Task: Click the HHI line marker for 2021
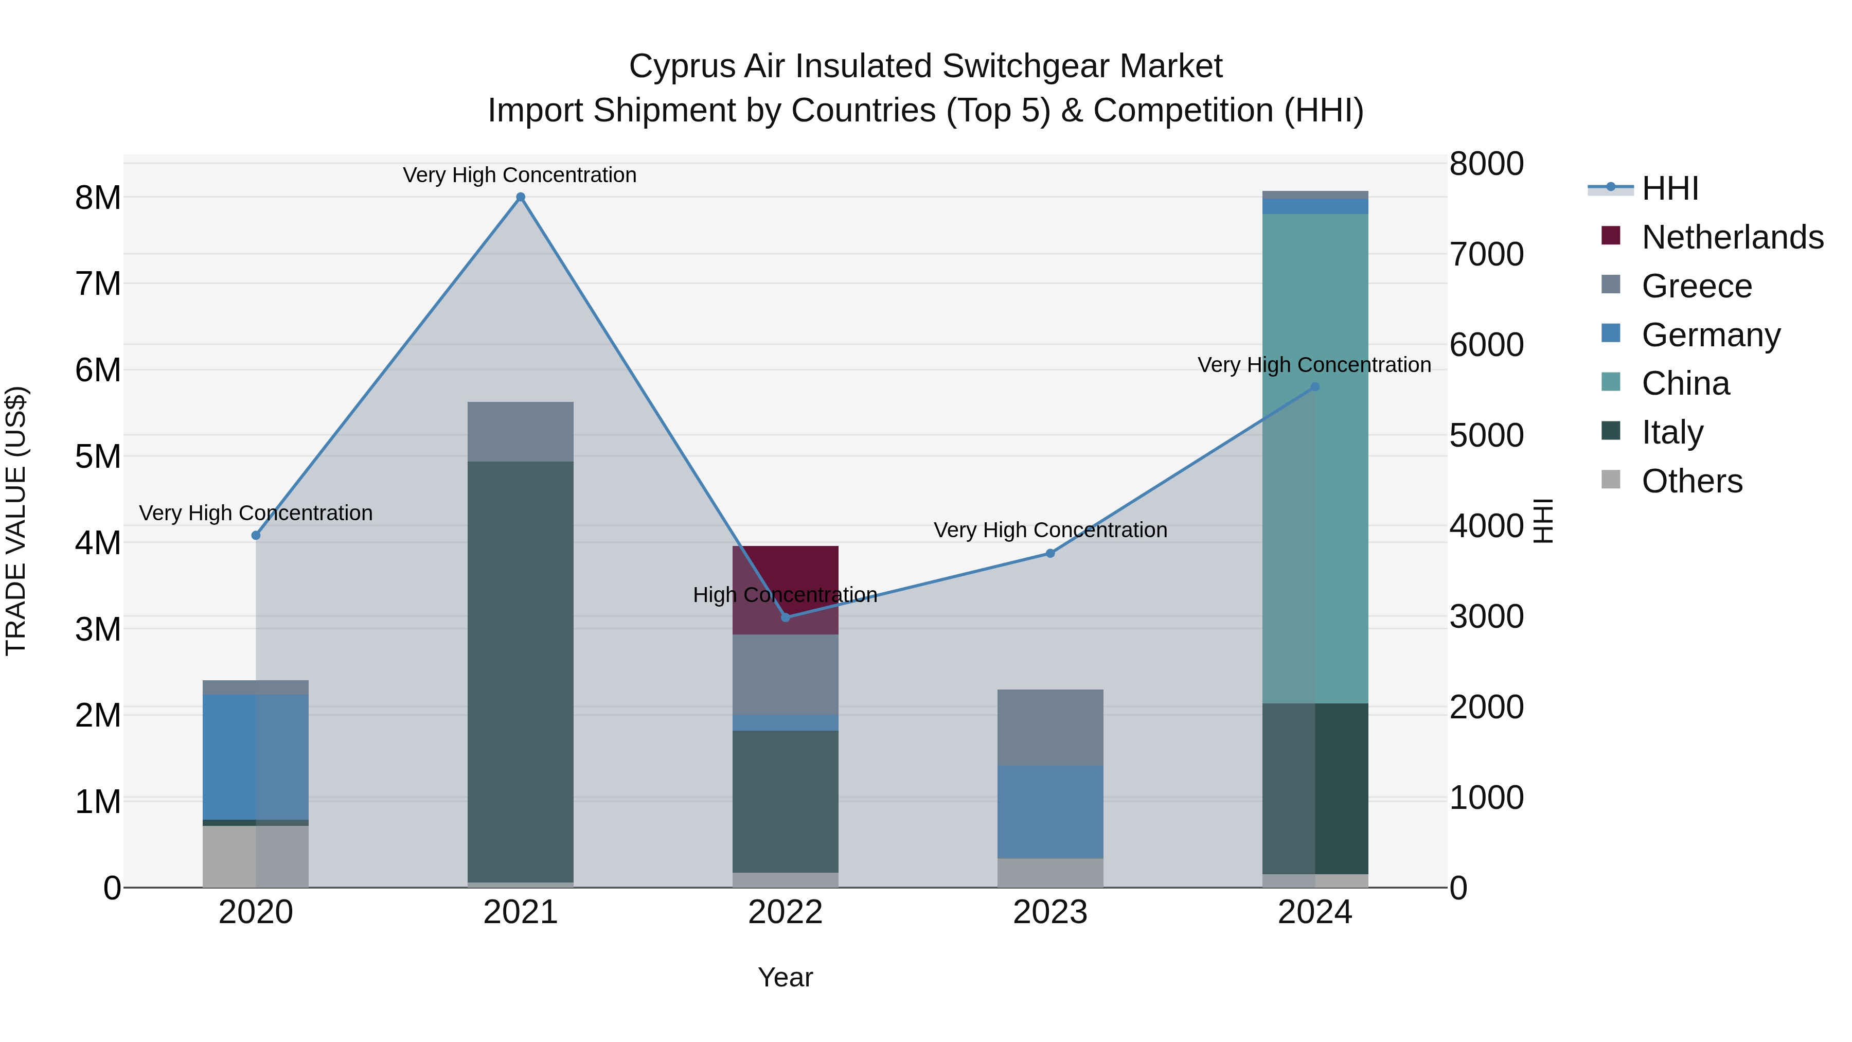pyautogui.click(x=521, y=197)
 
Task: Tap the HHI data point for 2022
pyautogui.click(x=785, y=617)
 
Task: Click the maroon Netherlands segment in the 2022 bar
pyautogui.click(x=785, y=575)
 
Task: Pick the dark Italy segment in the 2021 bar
pyautogui.click(x=521, y=669)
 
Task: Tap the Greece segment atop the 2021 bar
pyautogui.click(x=521, y=432)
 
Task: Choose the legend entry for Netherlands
pyautogui.click(x=1731, y=237)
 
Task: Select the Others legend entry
pyautogui.click(x=1691, y=481)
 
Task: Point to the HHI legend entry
pyautogui.click(x=1669, y=188)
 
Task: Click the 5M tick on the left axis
pyautogui.click(x=98, y=456)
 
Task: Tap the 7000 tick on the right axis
pyautogui.click(x=1485, y=255)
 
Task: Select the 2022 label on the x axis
pyautogui.click(x=785, y=912)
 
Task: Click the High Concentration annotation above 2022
pyautogui.click(x=785, y=595)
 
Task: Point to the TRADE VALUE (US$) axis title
pyautogui.click(x=16, y=521)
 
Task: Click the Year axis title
pyautogui.click(x=785, y=977)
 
